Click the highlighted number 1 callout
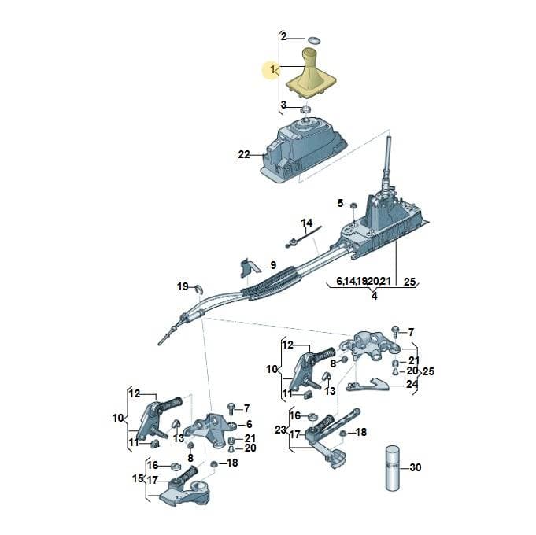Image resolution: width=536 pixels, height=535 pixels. click(272, 69)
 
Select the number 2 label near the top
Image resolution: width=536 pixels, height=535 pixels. click(283, 36)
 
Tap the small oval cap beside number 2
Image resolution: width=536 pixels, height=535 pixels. click(314, 40)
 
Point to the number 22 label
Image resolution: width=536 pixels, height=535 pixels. click(244, 155)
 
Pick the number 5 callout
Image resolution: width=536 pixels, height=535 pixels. click(340, 203)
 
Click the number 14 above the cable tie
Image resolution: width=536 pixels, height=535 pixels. click(307, 223)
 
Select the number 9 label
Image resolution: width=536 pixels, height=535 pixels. click(273, 265)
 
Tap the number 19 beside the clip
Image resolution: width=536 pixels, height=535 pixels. click(183, 286)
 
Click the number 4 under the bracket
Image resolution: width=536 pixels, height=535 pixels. click(375, 296)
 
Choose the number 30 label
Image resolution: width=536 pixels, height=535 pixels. click(416, 467)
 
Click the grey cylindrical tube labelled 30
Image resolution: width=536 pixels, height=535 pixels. click(393, 468)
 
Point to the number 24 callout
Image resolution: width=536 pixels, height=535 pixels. click(412, 385)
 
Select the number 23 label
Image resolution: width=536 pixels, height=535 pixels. click(280, 430)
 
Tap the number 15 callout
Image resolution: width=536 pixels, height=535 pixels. click(138, 478)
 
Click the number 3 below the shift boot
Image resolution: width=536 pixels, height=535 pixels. click(283, 105)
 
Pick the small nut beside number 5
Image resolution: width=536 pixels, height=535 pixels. click(354, 205)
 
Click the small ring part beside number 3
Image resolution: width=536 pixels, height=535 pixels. click(305, 110)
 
